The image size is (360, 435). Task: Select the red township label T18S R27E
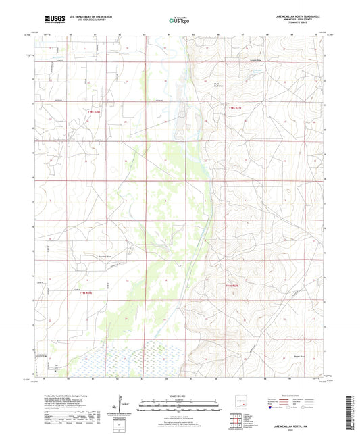tap(234, 107)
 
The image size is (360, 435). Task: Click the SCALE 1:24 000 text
tap(179, 396)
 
